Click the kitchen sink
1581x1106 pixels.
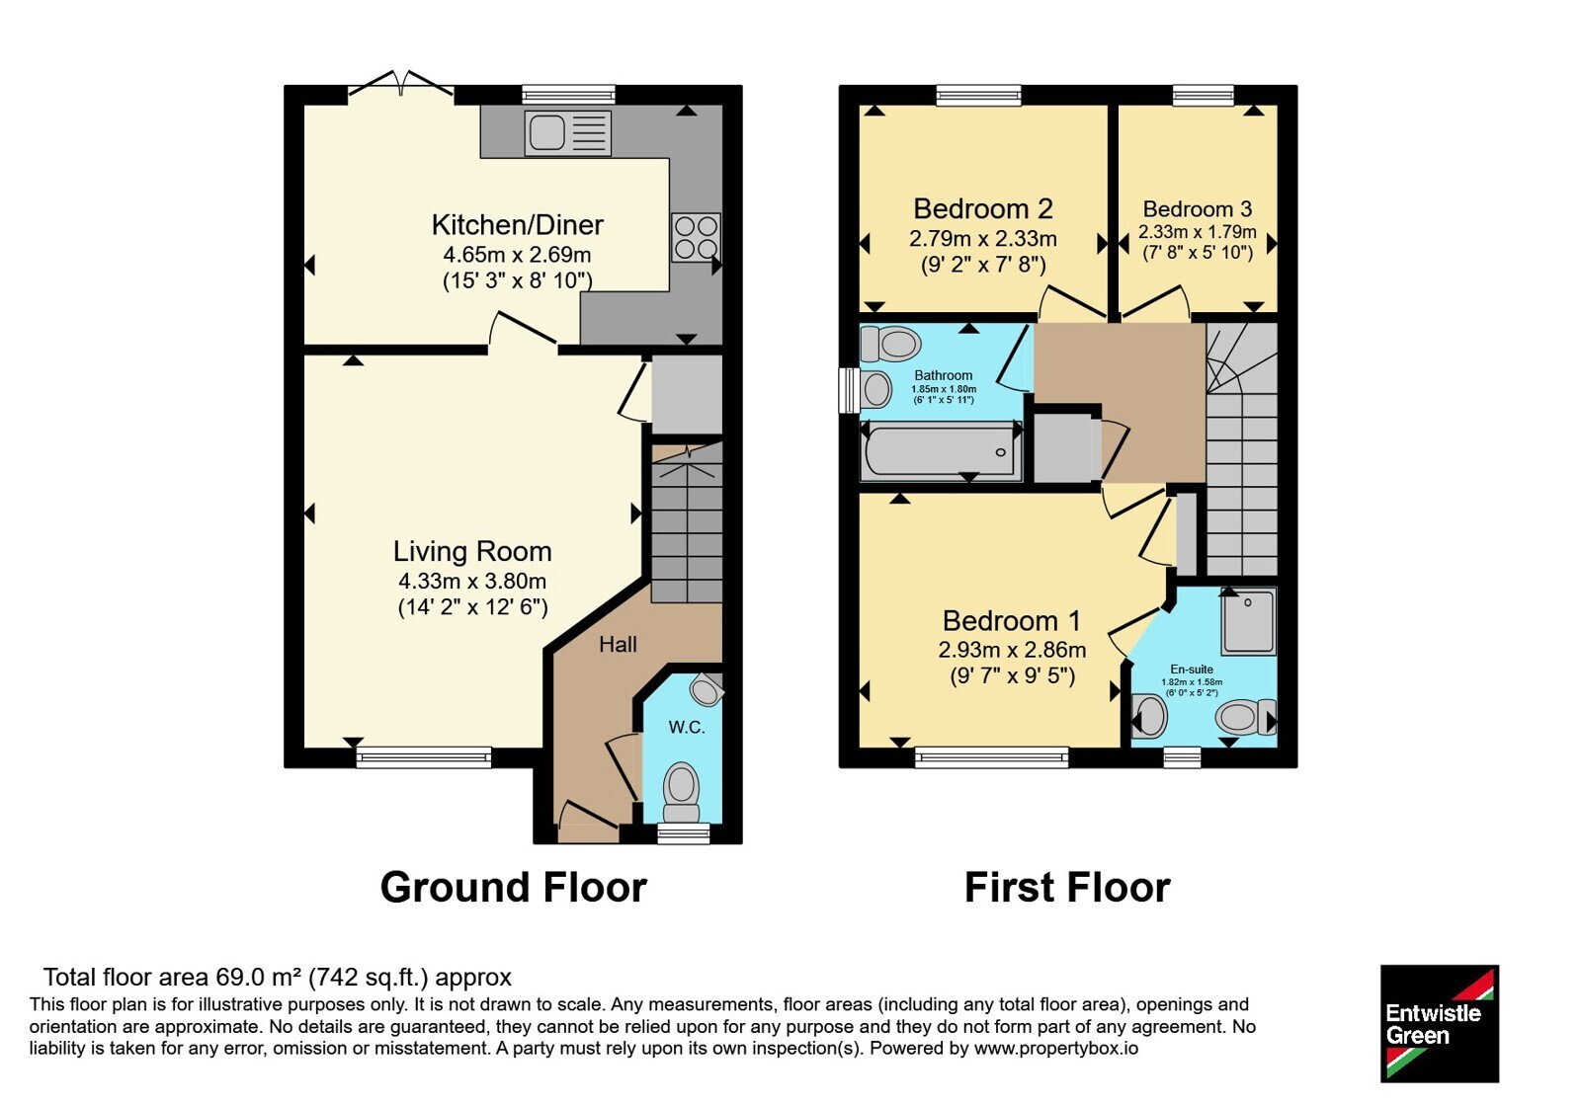[567, 132]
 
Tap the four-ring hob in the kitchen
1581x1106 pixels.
[696, 237]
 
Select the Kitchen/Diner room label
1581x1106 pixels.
[518, 225]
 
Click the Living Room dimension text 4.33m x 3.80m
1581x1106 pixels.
[472, 582]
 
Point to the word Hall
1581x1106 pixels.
[618, 644]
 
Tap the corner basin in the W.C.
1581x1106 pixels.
[707, 688]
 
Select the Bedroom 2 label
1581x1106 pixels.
[983, 208]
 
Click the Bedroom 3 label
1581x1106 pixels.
[1197, 209]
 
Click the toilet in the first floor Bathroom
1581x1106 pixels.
[890, 345]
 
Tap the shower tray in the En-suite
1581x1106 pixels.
[1249, 621]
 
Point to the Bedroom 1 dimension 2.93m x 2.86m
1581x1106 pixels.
[1012, 650]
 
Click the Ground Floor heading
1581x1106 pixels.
[514, 888]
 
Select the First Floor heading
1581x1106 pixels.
[1067, 888]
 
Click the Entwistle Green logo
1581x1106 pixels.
[1440, 1023]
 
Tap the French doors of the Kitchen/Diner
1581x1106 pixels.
[401, 85]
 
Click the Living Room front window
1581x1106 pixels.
[424, 757]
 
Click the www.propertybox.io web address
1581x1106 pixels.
[1056, 1048]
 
